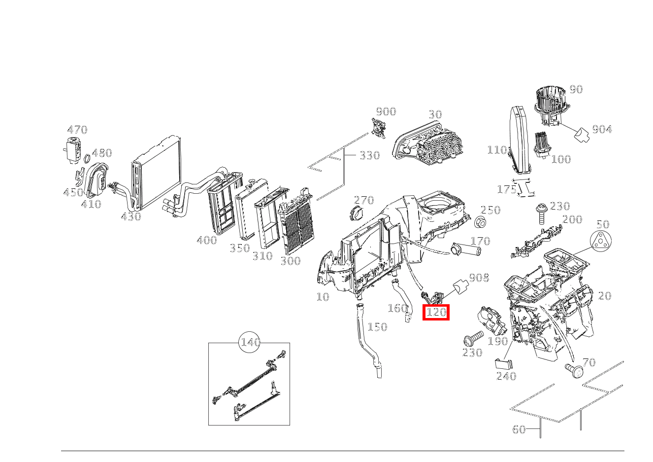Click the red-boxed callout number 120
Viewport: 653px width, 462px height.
[436, 312]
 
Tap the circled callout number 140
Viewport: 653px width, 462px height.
[250, 342]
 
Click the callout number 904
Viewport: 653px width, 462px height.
[602, 129]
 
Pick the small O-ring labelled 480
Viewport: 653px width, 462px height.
[87, 159]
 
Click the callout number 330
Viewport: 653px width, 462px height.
[369, 156]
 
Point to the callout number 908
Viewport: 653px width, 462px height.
[479, 278]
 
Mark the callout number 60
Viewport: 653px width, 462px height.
[519, 429]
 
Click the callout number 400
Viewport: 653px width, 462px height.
[206, 241]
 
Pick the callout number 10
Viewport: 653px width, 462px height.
[322, 297]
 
